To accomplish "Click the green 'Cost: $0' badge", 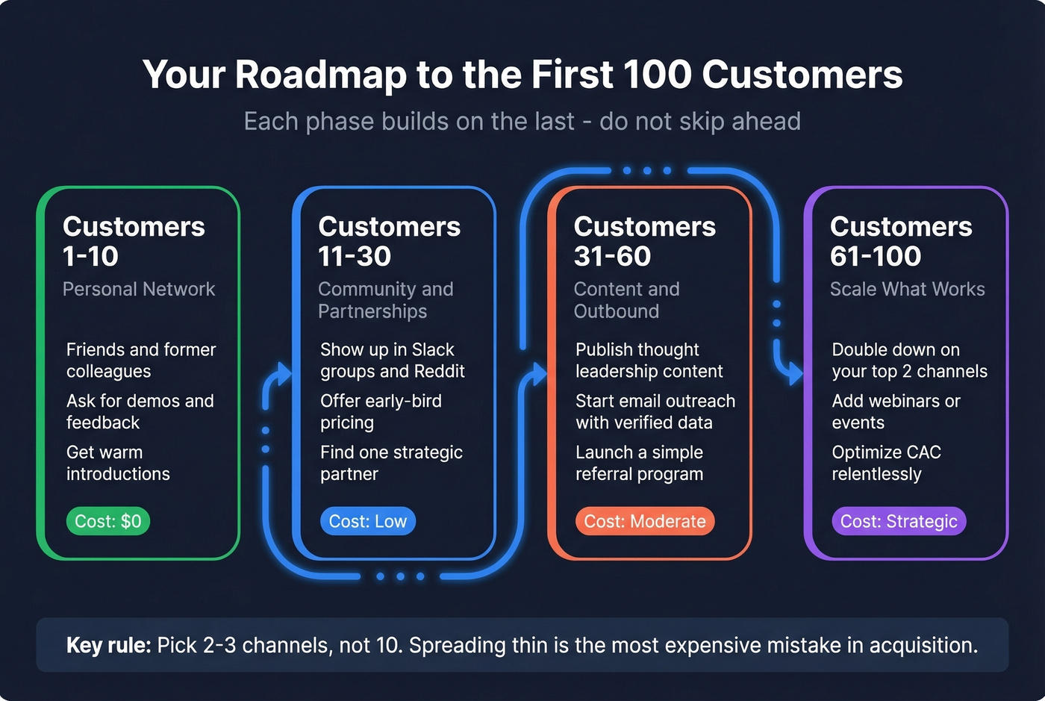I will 108,521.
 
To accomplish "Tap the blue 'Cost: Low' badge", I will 367,521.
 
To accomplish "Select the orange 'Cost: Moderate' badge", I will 644,521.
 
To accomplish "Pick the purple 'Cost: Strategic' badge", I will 899,521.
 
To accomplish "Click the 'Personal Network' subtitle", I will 139,289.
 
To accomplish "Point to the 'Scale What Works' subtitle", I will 907,289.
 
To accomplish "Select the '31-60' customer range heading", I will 612,256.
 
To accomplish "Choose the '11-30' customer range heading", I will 355,256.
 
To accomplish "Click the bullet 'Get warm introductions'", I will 118,463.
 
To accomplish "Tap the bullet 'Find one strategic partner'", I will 391,463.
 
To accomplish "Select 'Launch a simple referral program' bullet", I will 639,463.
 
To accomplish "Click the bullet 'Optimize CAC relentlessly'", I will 886,463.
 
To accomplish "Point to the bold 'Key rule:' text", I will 108,645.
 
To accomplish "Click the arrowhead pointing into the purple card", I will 795,373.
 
